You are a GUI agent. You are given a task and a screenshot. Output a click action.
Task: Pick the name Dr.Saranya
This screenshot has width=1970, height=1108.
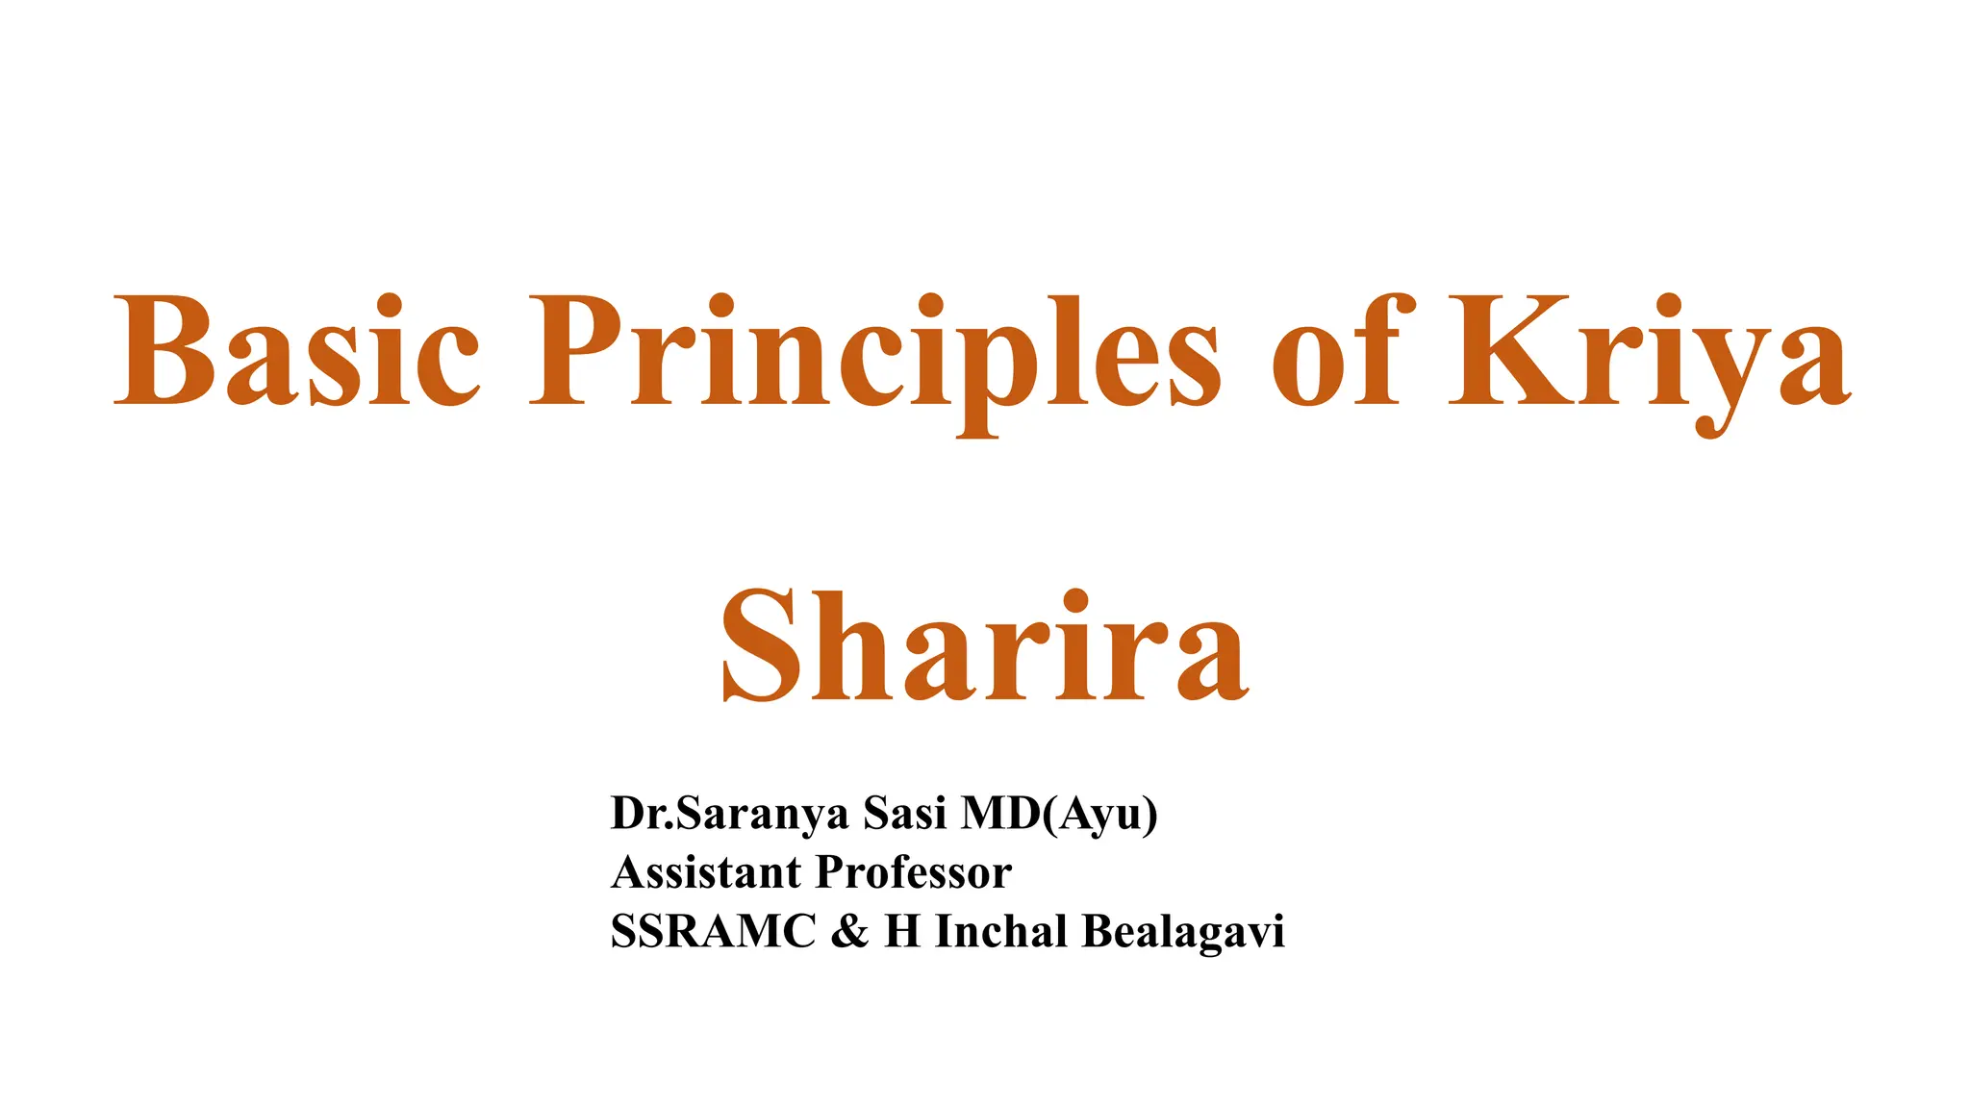pyautogui.click(x=730, y=814)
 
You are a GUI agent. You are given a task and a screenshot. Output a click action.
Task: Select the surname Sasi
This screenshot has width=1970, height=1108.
pyautogui.click(x=905, y=814)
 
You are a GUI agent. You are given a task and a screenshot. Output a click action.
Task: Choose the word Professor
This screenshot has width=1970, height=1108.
pyautogui.click(x=914, y=872)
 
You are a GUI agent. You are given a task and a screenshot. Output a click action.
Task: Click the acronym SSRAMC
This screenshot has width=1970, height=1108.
pyautogui.click(x=713, y=931)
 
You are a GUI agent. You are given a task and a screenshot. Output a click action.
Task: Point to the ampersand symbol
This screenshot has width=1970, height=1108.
pyautogui.click(x=848, y=931)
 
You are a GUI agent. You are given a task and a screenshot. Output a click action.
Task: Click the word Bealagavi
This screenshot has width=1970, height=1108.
pyautogui.click(x=1183, y=931)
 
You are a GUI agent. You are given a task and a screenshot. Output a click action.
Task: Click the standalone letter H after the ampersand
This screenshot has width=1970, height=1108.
pyautogui.click(x=902, y=931)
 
